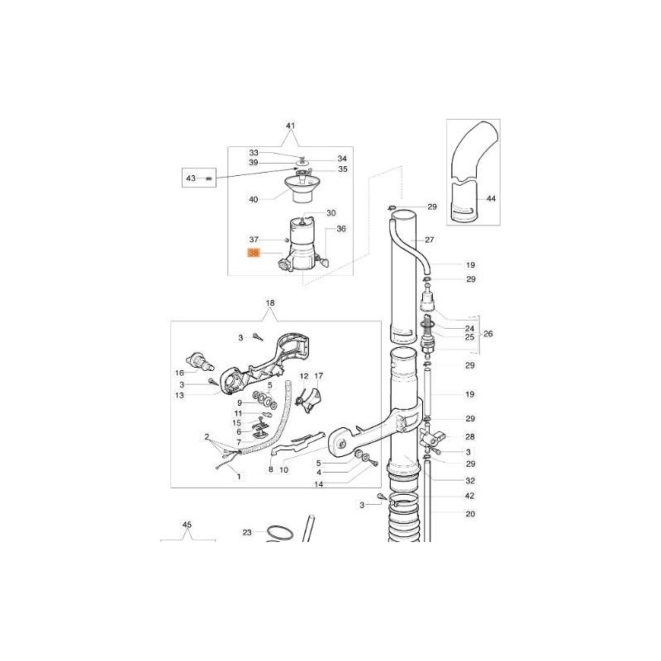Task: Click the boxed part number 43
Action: click(x=191, y=178)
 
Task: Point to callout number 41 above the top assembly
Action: click(x=290, y=126)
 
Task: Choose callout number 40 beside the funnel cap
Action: click(x=254, y=199)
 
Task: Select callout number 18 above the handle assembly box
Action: click(x=269, y=304)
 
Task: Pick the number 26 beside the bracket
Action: click(x=488, y=334)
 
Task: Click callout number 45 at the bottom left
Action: click(x=187, y=525)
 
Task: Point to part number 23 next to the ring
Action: click(x=246, y=533)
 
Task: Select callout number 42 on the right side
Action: click(x=470, y=496)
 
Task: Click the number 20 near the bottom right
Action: click(x=470, y=514)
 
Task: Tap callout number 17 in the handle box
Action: click(x=319, y=376)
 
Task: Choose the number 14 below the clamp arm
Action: click(x=319, y=484)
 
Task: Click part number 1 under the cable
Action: click(x=240, y=478)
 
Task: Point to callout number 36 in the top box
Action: click(x=341, y=228)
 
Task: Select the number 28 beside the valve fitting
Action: click(x=470, y=436)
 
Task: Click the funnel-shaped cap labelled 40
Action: click(x=296, y=188)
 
